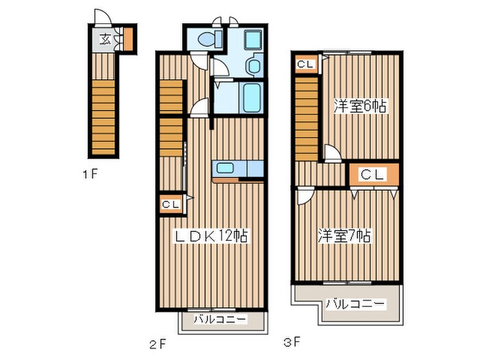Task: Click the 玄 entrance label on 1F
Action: (x=106, y=39)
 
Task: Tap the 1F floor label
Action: (x=91, y=174)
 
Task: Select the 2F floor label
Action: (x=158, y=345)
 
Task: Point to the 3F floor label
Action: (x=291, y=341)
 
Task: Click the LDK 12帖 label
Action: (x=211, y=236)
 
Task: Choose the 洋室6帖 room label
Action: (x=360, y=106)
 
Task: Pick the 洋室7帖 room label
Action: (x=344, y=236)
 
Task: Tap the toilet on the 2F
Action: (x=210, y=39)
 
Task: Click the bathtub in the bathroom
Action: (x=252, y=97)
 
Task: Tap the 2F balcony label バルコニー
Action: (x=220, y=320)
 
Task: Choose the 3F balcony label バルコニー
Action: (x=355, y=304)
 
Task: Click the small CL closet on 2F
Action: (x=171, y=204)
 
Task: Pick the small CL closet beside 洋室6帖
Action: (x=306, y=64)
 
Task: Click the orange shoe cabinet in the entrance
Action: (x=128, y=39)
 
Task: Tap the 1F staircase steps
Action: (x=104, y=117)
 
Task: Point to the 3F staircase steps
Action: (x=307, y=119)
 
